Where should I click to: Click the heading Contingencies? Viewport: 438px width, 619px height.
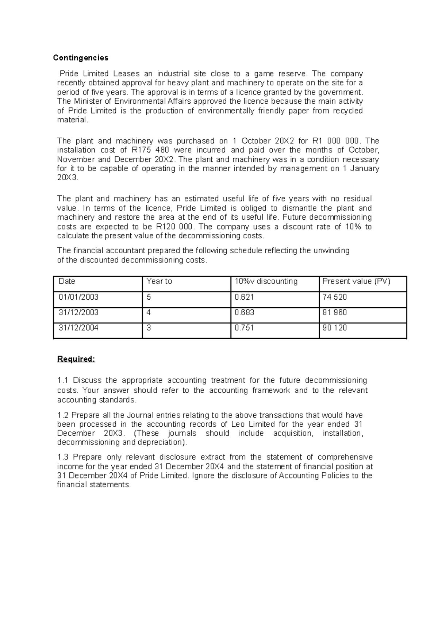pos(81,58)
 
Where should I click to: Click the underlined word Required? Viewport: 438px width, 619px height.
pos(76,359)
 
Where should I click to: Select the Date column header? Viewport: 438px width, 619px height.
pos(67,281)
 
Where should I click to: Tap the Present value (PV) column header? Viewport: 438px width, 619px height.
pos(356,281)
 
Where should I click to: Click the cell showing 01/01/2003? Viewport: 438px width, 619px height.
pos(78,297)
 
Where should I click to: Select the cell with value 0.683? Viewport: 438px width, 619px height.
pos(244,313)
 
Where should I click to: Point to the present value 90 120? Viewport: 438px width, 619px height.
pos(334,328)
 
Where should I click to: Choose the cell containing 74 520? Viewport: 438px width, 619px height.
pos(334,297)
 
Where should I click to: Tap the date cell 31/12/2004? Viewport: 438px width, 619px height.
pos(78,328)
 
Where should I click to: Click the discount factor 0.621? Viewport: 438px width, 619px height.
pos(244,297)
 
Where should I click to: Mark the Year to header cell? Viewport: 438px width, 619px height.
pos(159,281)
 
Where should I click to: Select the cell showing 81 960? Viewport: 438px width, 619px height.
pos(334,313)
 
